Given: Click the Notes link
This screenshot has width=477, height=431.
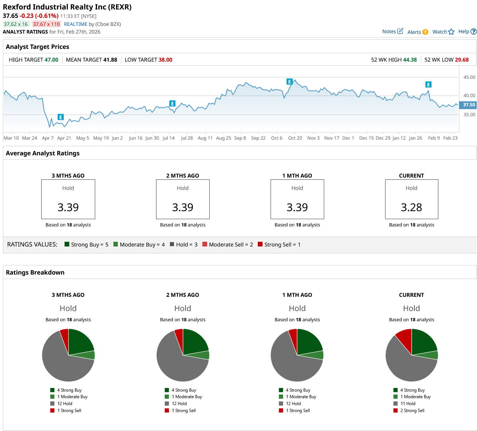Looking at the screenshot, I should [x=392, y=31].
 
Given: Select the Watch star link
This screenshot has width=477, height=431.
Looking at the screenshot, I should [x=443, y=32].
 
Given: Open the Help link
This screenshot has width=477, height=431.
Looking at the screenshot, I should [x=467, y=31].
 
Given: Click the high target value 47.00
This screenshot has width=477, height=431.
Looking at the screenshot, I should [x=51, y=60].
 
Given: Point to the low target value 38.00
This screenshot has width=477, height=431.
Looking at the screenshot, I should [x=165, y=60].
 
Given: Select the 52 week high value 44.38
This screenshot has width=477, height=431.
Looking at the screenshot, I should [x=410, y=60].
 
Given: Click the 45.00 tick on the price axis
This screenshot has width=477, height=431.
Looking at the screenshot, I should [x=469, y=77].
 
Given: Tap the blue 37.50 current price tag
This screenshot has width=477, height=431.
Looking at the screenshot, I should [x=468, y=105].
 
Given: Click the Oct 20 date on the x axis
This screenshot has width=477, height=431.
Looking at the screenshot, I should [x=295, y=138].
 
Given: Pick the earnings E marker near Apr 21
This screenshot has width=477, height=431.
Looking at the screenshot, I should [x=61, y=117].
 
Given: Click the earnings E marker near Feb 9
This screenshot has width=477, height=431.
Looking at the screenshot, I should [x=428, y=85].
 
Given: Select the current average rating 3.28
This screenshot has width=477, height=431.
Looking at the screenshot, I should [x=411, y=207].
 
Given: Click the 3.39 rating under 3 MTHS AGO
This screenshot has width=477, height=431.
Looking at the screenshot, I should [x=68, y=207].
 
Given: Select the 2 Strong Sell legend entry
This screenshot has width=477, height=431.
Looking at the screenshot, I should [x=412, y=411].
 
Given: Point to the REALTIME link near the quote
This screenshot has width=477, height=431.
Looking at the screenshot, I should [x=75, y=24].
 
